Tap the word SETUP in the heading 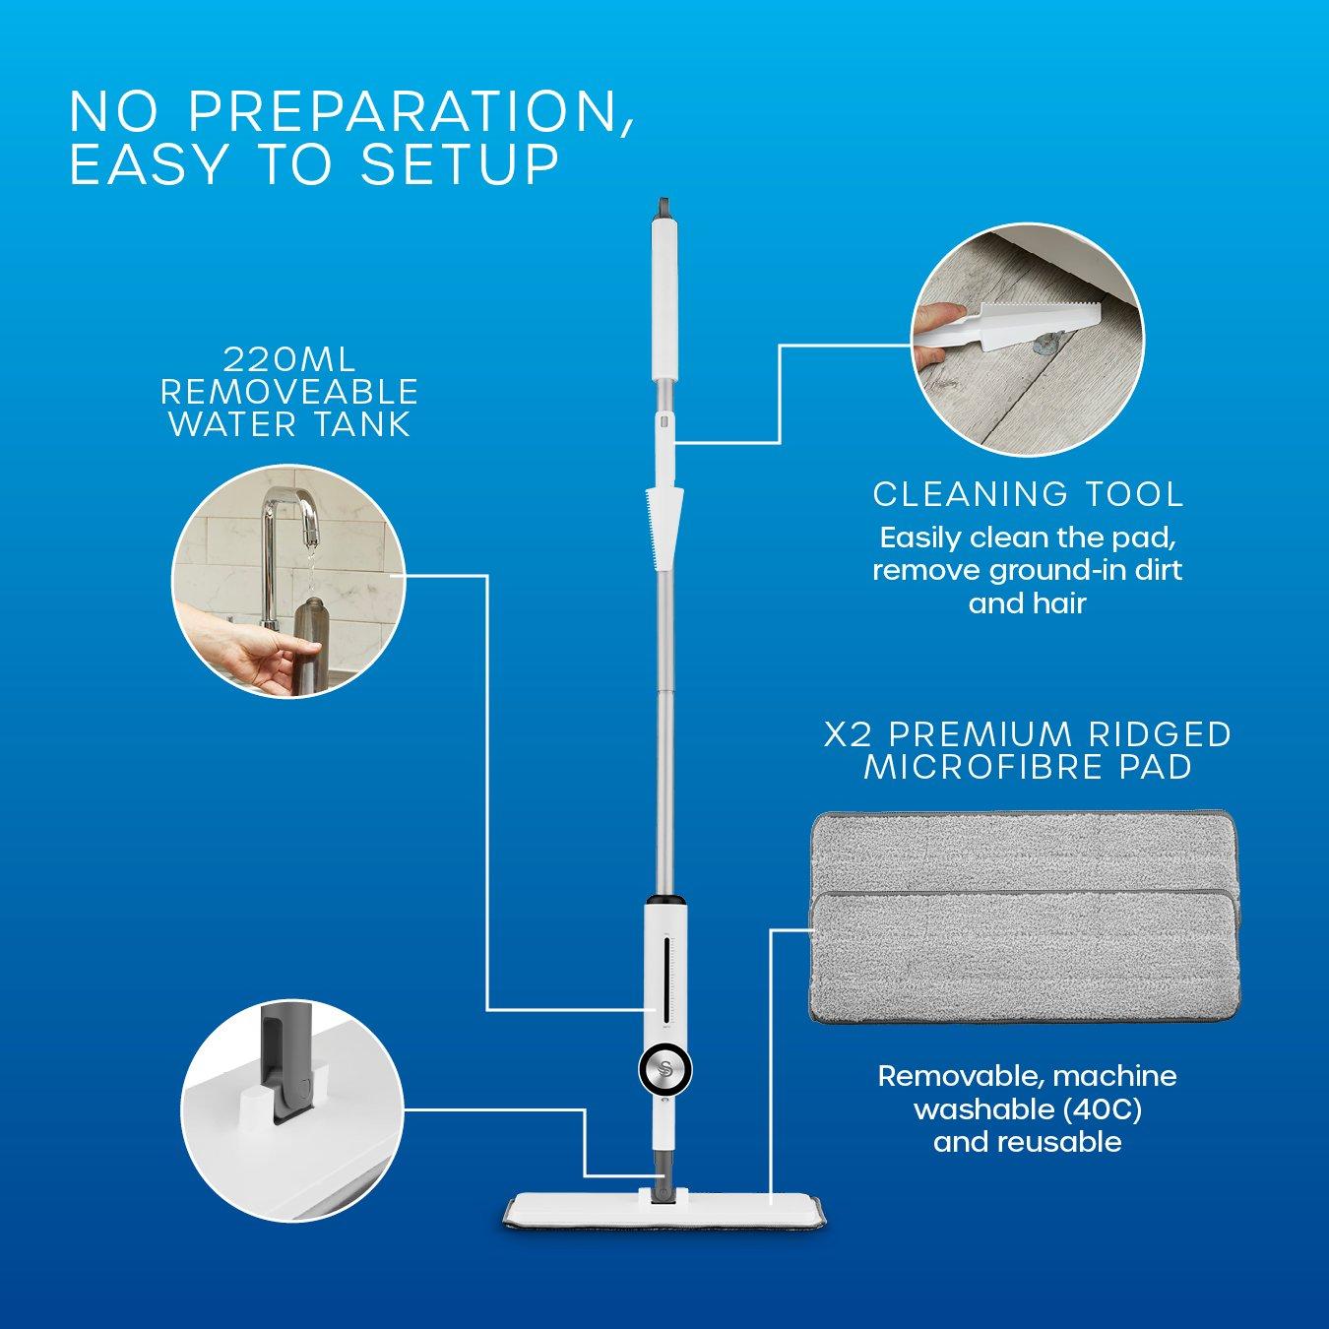461,164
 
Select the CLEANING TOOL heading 1028,493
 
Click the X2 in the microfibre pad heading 849,734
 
